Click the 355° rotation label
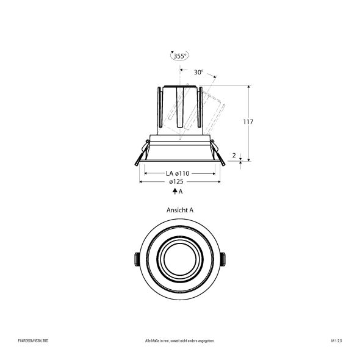pos(180,56)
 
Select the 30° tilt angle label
pos(198,72)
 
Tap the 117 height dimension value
pos(248,122)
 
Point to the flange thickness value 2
pos(234,156)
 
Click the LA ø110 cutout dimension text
pos(178,173)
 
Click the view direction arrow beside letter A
pos(175,192)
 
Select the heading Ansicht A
pos(179,209)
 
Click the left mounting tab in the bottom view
pos(135,259)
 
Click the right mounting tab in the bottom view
pos(224,259)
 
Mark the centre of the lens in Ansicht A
pos(179,259)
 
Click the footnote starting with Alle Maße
pos(180,340)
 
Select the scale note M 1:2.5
pos(336,340)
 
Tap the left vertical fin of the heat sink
pos(159,109)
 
